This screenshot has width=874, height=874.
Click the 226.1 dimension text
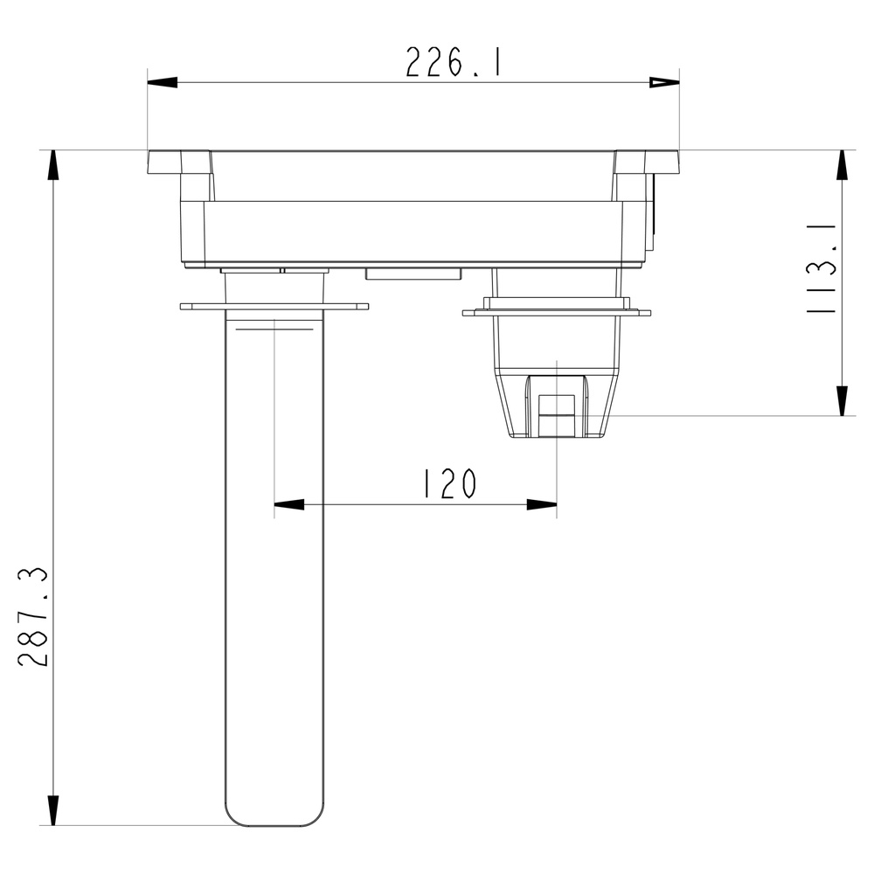click(x=453, y=62)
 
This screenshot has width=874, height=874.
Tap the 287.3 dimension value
click(x=33, y=617)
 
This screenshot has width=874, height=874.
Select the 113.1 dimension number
click(x=822, y=268)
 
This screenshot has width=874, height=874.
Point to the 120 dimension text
click(x=450, y=483)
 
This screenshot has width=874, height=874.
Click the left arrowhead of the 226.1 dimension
click(x=163, y=83)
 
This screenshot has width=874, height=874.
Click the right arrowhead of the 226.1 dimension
click(x=664, y=83)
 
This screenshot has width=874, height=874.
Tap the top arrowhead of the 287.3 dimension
click(x=53, y=165)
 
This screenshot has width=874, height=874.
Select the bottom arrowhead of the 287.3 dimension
click(x=53, y=810)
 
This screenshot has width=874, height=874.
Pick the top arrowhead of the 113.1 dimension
click(x=843, y=165)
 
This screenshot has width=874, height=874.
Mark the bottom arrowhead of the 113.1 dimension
click(x=843, y=401)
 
